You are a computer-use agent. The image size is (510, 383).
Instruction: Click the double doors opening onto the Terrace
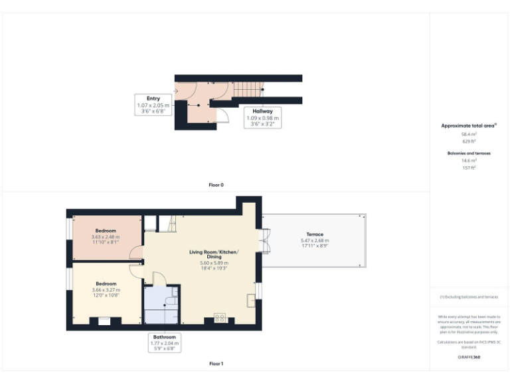click(x=266, y=239)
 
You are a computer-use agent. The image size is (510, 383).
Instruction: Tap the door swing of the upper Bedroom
click(x=137, y=253)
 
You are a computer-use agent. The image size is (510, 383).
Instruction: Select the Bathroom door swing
click(x=159, y=279)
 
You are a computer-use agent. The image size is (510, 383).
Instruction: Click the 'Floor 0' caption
click(x=216, y=184)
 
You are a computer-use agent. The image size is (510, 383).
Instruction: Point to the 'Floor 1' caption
click(x=216, y=364)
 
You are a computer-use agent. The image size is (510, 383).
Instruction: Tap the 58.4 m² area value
click(x=469, y=134)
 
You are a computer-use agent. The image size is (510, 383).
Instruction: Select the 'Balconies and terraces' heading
click(x=469, y=153)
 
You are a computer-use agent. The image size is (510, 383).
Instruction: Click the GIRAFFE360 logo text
click(x=469, y=357)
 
